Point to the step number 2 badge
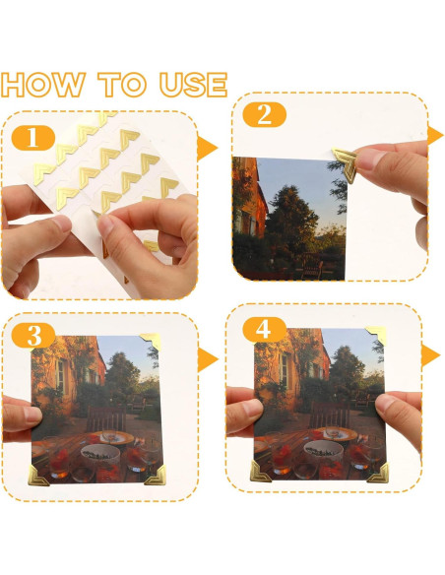click(263, 114)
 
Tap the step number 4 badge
click(263, 329)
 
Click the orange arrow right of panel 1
click(207, 149)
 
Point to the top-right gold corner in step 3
click(151, 343)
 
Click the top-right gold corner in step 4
click(377, 336)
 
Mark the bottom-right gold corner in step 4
click(378, 472)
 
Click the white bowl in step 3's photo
click(96, 453)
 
